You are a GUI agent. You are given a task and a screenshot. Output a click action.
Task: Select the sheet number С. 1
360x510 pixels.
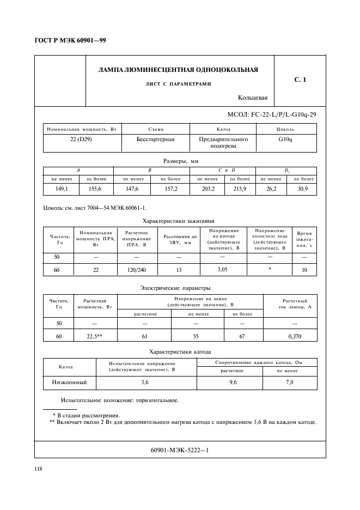pyautogui.click(x=300, y=80)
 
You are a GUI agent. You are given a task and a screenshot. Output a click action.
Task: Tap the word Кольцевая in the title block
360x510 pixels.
pyautogui.click(x=253, y=98)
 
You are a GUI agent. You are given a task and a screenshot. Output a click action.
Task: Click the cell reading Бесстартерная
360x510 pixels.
pyautogui.click(x=155, y=139)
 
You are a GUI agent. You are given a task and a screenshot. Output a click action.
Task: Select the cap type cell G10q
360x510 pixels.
pyautogui.click(x=285, y=139)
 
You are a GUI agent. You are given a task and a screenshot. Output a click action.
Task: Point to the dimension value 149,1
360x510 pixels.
pyautogui.click(x=61, y=189)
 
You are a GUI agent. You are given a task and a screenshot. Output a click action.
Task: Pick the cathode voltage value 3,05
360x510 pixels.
pyautogui.click(x=223, y=270)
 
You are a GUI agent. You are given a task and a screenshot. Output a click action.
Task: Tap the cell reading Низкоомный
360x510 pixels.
pyautogui.click(x=70, y=383)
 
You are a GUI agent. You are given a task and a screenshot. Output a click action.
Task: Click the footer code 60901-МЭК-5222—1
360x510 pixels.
pyautogui.click(x=180, y=450)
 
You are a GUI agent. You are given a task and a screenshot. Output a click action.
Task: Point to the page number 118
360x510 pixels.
pyautogui.click(x=39, y=469)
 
